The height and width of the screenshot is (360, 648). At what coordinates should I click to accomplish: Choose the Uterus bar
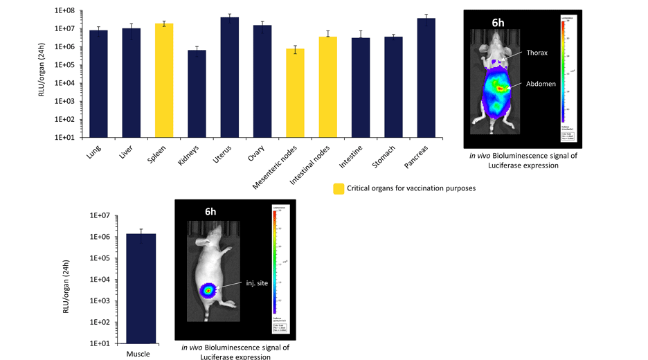[x=230, y=76]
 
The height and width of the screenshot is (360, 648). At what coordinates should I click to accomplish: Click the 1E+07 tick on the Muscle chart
[x=101, y=215]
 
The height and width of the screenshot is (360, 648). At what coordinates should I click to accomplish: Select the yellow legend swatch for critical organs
[x=339, y=188]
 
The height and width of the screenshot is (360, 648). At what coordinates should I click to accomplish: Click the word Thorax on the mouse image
[x=537, y=53]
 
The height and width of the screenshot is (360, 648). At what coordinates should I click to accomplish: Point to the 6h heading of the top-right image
[x=498, y=22]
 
